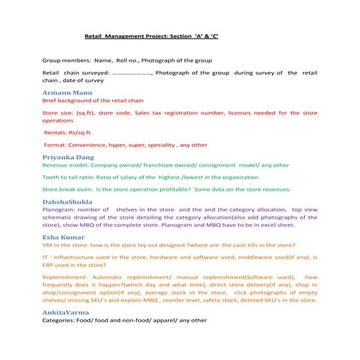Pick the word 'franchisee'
[x=176, y=165]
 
